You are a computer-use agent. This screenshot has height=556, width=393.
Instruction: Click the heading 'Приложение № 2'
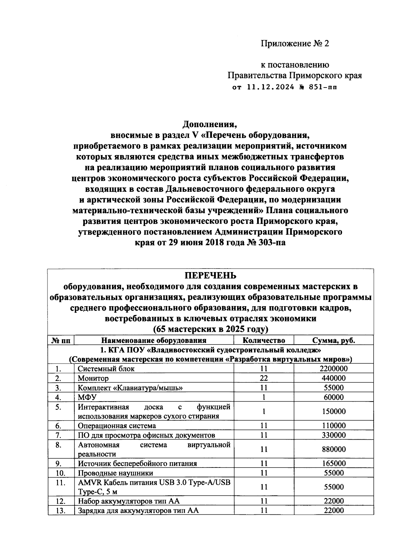294,44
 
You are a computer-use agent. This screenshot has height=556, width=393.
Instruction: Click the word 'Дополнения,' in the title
210,125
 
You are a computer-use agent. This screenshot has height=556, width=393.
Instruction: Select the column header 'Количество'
264,340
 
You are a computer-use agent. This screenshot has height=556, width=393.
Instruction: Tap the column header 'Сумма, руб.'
333,340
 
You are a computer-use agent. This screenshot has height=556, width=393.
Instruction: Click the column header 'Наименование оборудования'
154,340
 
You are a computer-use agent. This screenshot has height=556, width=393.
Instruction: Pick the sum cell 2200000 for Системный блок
333,368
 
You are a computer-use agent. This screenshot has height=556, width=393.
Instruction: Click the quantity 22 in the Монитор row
264,378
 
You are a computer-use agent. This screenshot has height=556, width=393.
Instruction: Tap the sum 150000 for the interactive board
333,411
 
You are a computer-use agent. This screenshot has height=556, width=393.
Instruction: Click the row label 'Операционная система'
117,426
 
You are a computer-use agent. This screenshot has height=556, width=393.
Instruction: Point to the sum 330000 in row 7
333,435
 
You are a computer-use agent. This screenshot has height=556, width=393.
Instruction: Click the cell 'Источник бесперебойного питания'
137,464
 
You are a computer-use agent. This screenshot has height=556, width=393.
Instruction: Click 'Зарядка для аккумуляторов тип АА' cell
138,510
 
